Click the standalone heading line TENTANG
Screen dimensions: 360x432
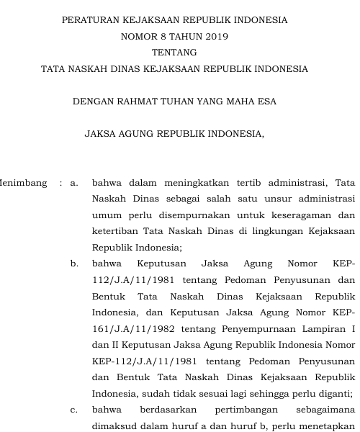click(174, 53)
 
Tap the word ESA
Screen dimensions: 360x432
click(266, 102)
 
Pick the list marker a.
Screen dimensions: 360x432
click(74, 182)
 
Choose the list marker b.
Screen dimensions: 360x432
click(74, 264)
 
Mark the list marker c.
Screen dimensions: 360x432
click(74, 410)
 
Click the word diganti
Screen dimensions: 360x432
click(333, 394)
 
